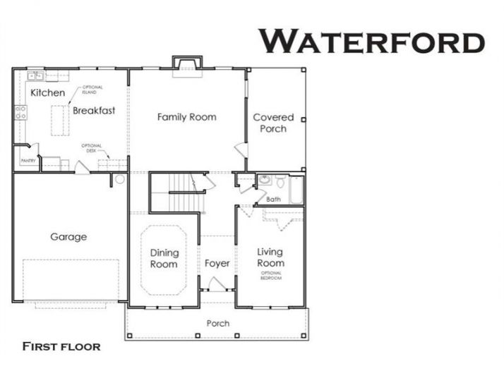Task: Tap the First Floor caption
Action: [61, 346]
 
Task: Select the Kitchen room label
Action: [47, 92]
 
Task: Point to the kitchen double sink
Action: [35, 75]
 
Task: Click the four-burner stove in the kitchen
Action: [21, 112]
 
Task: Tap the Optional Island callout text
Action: [92, 90]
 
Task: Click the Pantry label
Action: [28, 161]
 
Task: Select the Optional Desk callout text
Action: [92, 148]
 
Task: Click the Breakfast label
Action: [93, 110]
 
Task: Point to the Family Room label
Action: [186, 116]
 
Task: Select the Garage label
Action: [68, 237]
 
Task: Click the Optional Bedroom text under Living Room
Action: [270, 276]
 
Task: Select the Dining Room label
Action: [164, 258]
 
